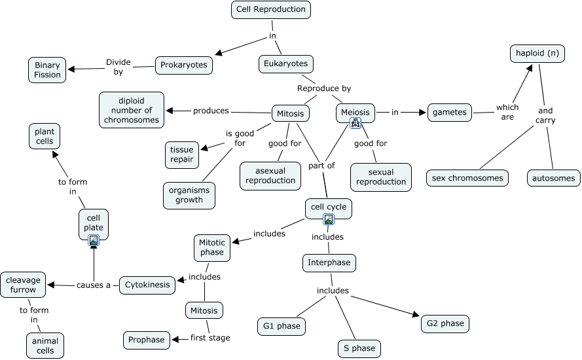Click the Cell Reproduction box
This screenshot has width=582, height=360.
[x=271, y=9]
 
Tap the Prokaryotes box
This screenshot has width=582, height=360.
[x=184, y=64]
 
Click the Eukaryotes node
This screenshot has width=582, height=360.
[x=285, y=63]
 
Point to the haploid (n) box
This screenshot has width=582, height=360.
[x=537, y=53]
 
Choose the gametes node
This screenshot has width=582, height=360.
[x=450, y=112]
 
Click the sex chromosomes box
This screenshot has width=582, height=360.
[x=467, y=177]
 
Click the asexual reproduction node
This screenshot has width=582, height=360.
[x=271, y=175]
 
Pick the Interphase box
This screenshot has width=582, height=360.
[x=329, y=263]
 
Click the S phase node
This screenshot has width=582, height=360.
[x=359, y=348]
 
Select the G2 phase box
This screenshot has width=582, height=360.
[x=445, y=323]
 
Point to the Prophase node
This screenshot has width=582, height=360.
[x=147, y=340]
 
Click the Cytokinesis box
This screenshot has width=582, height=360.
[x=148, y=285]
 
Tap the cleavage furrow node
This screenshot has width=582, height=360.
[x=23, y=285]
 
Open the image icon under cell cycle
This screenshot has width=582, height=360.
[x=329, y=220]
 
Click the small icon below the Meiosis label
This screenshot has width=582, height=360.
[x=355, y=122]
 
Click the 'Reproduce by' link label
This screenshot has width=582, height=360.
[x=324, y=88]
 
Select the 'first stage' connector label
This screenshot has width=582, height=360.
[x=210, y=338]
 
